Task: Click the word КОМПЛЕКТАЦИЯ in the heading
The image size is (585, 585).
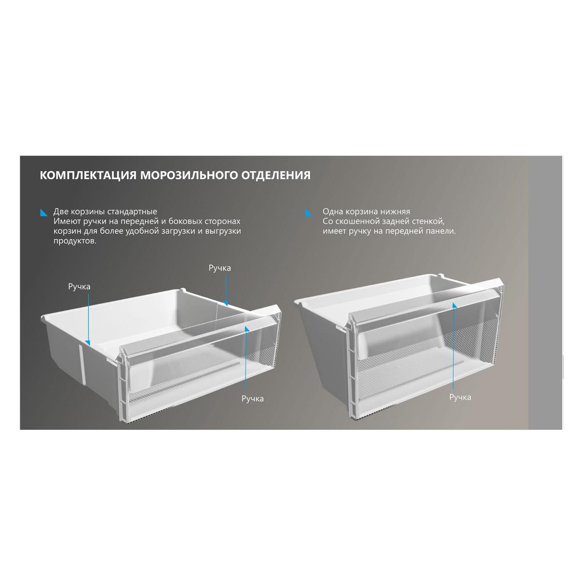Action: (88, 175)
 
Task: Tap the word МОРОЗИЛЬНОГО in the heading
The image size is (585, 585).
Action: (189, 175)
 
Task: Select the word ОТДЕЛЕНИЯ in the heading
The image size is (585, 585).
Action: (276, 175)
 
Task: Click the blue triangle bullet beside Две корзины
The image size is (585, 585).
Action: (44, 212)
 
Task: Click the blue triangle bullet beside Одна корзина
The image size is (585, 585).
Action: (309, 212)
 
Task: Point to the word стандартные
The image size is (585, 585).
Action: (132, 211)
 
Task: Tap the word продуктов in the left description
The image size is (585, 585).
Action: (75, 241)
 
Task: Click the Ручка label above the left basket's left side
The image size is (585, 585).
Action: (79, 287)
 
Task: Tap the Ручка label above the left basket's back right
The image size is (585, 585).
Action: (220, 268)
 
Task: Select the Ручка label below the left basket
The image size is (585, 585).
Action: (252, 399)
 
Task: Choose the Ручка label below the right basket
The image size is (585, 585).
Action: (460, 397)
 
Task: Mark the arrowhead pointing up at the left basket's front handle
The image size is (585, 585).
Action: (247, 329)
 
